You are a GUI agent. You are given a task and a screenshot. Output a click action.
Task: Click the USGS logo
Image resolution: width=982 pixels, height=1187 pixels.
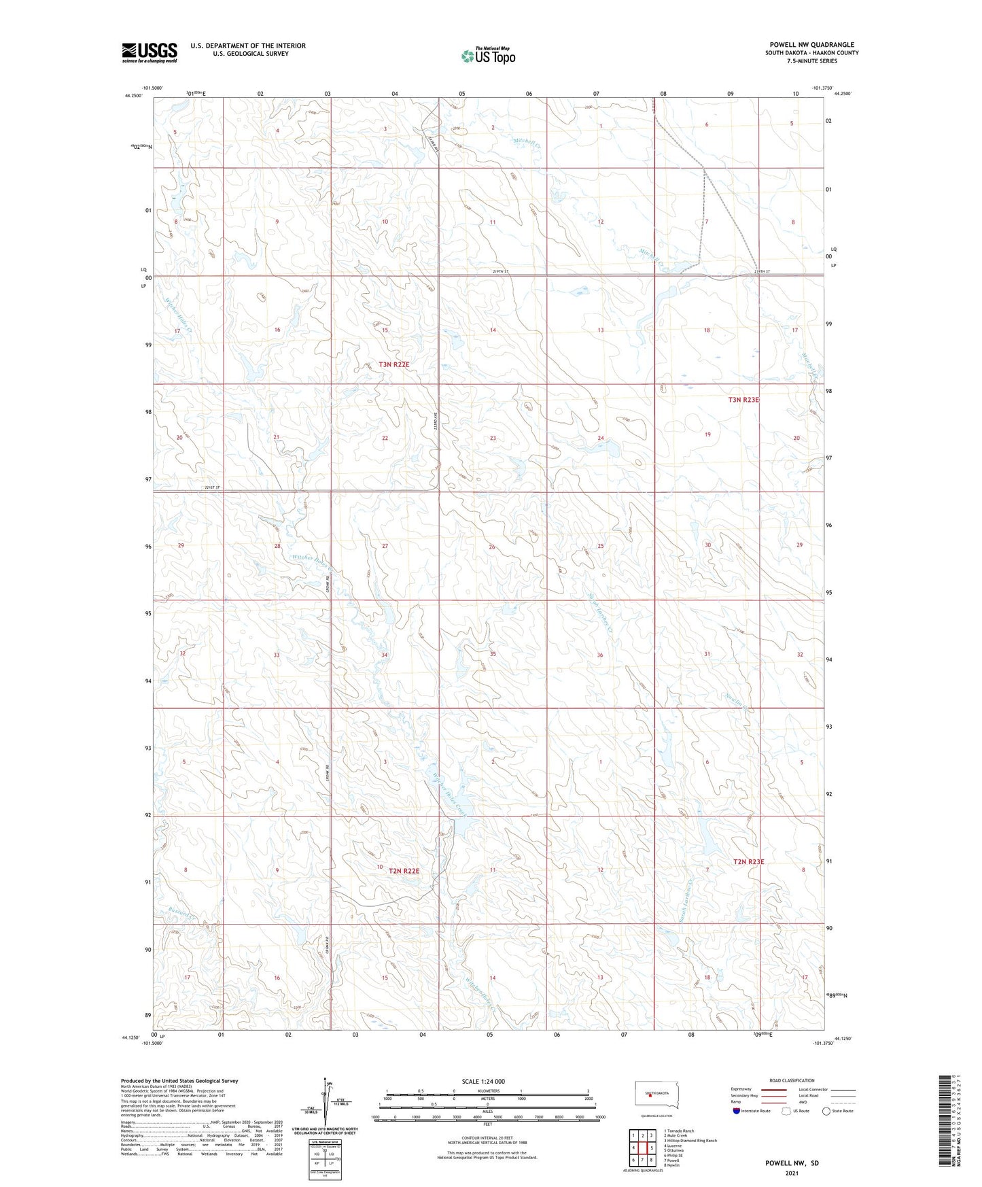click(x=149, y=52)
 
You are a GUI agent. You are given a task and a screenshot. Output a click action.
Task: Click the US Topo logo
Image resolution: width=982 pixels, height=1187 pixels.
click(x=488, y=56)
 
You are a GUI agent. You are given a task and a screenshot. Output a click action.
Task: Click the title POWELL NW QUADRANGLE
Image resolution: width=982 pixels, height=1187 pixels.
click(x=811, y=44)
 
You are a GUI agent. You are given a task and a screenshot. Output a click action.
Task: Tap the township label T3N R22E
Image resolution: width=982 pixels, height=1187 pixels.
click(x=394, y=364)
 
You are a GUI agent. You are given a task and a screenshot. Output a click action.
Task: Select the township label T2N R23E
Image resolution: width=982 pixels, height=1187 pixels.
click(x=748, y=861)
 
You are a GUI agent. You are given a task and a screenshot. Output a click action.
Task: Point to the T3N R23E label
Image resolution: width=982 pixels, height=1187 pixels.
click(x=743, y=400)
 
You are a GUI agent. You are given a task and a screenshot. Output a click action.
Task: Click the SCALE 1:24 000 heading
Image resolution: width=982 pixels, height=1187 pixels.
click(x=483, y=1081)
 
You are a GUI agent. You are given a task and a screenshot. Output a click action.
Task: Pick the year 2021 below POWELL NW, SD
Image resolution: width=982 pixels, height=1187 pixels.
click(x=791, y=1173)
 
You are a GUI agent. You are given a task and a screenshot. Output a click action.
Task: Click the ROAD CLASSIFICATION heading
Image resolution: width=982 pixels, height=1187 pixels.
click(x=792, y=1080)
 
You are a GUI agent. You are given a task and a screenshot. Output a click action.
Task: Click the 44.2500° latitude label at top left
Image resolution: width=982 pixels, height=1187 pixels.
click(x=133, y=96)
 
